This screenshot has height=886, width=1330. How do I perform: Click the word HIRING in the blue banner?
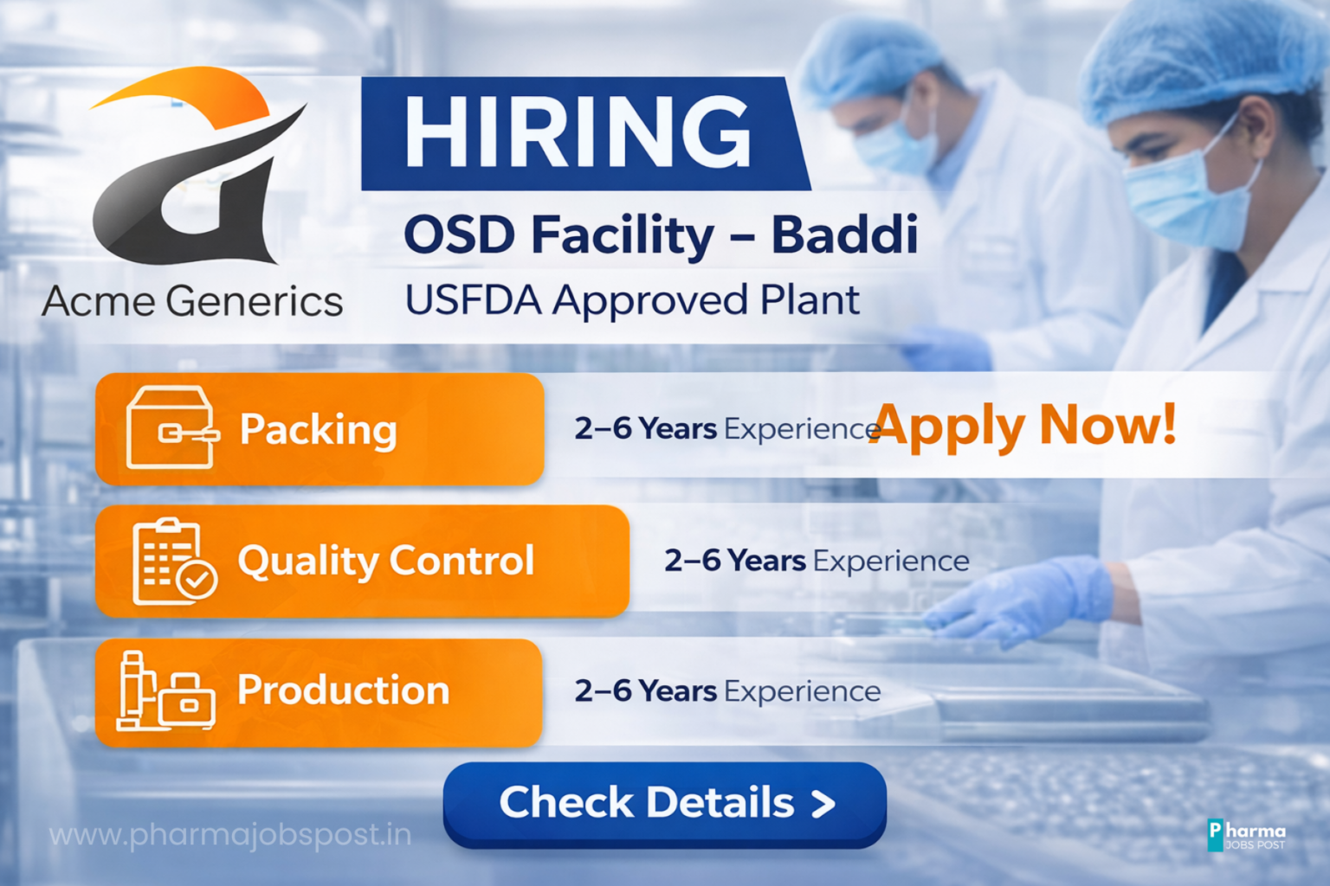click(x=578, y=133)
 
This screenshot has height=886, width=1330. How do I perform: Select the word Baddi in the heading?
click(x=844, y=235)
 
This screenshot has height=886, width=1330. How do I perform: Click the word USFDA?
click(x=474, y=299)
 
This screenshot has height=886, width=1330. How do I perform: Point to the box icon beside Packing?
click(x=171, y=427)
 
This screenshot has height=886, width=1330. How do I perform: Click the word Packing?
click(x=319, y=430)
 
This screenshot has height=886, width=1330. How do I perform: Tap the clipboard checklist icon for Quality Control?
click(x=174, y=562)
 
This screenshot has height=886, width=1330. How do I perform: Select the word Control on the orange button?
click(x=462, y=560)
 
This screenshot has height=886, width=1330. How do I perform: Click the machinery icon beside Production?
click(x=165, y=691)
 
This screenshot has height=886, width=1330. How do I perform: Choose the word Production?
click(x=343, y=690)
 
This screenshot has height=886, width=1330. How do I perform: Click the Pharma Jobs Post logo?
click(x=1246, y=835)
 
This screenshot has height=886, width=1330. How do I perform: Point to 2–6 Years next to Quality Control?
click(x=734, y=560)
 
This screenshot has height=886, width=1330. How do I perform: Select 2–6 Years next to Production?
click(x=645, y=690)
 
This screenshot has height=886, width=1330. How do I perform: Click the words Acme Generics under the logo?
click(x=192, y=301)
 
